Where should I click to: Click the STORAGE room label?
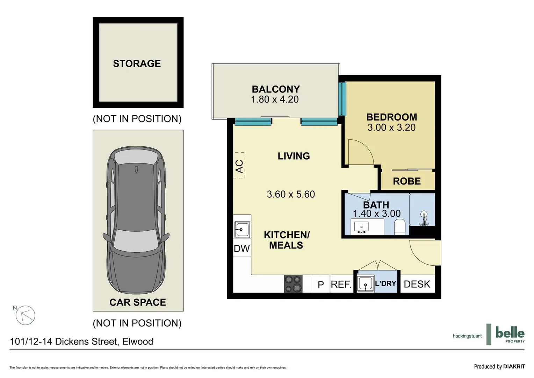tap(137, 63)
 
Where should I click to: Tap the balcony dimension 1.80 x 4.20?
tap(275, 99)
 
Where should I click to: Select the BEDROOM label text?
tap(391, 117)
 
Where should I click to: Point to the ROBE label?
tap(407, 181)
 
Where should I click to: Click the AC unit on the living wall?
tap(239, 165)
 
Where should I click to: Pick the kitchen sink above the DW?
tap(242, 230)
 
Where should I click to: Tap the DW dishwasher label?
tap(242, 248)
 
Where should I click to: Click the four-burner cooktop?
tap(293, 283)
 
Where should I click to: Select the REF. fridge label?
tap(341, 284)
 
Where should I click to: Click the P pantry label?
tap(321, 285)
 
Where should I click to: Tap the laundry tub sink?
tap(366, 283)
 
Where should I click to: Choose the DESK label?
tap(417, 284)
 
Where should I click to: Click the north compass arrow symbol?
tap(25, 315)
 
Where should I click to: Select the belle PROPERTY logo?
tap(510, 334)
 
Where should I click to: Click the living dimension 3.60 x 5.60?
tap(291, 194)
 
